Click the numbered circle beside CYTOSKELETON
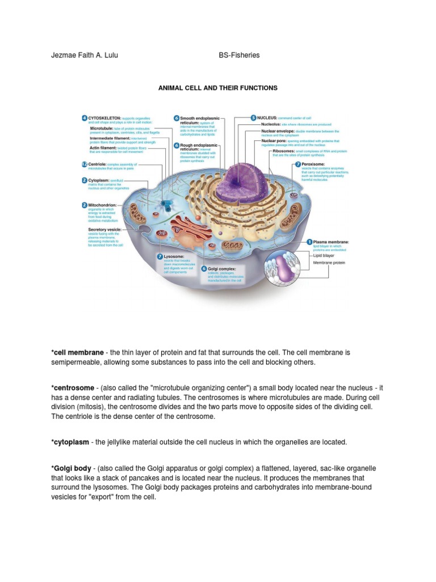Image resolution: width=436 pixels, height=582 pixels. tap(84, 118)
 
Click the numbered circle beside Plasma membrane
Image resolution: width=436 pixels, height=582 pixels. tap(310, 242)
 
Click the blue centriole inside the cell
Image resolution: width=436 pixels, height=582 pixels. tap(167, 202)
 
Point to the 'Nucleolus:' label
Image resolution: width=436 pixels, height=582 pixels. tap(271, 123)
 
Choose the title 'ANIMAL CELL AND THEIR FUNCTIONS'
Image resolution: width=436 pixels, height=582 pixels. tap(218, 88)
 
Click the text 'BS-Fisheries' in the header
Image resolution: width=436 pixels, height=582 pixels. tap(239, 55)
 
